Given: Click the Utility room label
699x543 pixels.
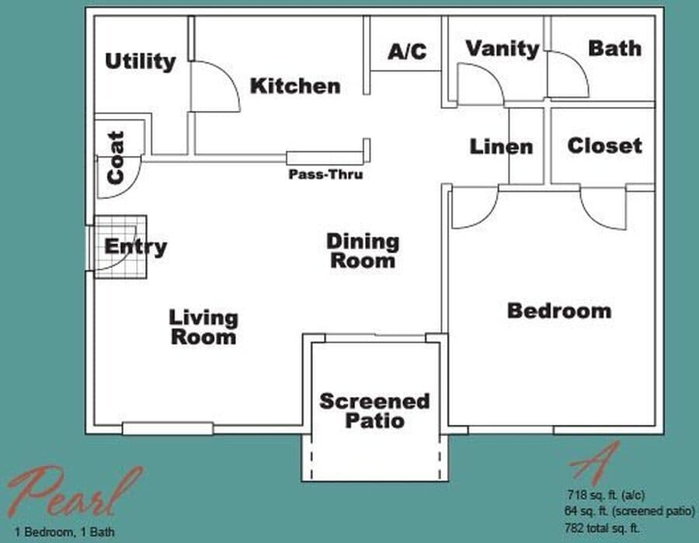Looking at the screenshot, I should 140,61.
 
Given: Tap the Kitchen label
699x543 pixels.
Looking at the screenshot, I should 295,85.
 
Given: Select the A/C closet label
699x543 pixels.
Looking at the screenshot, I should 407,52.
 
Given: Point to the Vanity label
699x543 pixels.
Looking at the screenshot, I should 502,49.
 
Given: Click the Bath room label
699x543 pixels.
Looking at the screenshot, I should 614,48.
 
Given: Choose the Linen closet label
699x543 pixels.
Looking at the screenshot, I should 501,146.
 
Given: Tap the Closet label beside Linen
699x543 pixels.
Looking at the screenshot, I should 604,145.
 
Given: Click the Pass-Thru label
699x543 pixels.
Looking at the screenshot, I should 325,175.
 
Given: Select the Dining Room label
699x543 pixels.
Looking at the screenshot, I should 362,250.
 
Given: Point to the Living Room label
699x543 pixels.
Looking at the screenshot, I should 203,327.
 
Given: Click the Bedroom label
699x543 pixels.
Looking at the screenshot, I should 558,311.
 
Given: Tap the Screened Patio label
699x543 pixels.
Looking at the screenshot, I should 374,411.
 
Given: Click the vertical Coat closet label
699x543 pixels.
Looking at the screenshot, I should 115,158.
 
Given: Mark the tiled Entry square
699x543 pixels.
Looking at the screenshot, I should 120,247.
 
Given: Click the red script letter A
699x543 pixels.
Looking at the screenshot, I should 594,462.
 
